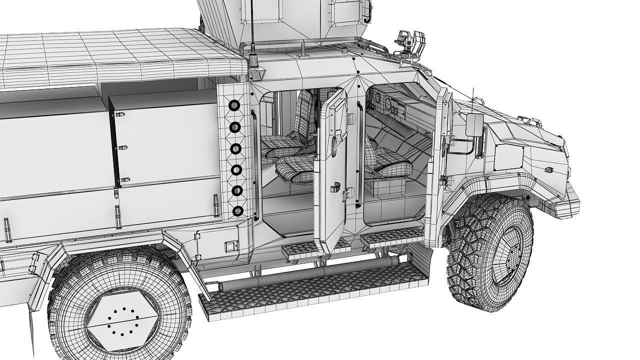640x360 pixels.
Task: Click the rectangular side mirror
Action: [474, 124]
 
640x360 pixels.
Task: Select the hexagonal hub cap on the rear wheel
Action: [119, 320]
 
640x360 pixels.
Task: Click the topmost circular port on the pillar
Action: [234, 106]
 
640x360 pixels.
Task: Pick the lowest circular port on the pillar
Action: [237, 211]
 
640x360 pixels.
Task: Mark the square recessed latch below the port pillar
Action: [230, 246]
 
